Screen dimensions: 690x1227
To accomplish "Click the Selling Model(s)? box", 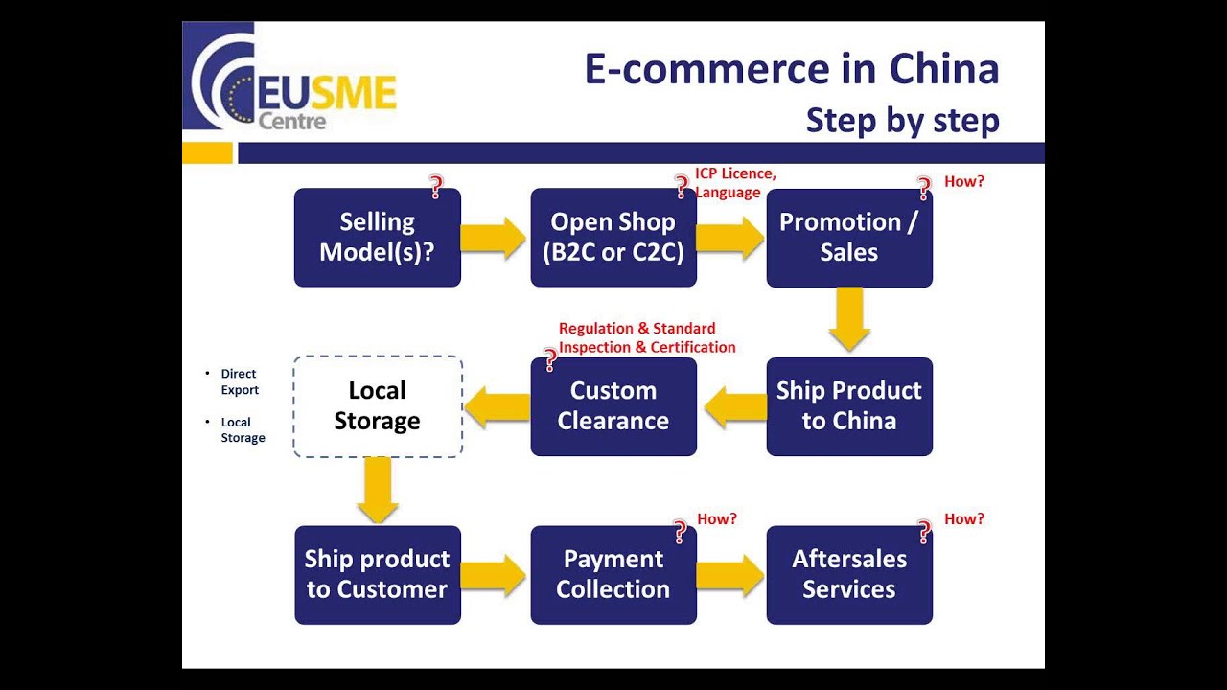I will click(377, 237).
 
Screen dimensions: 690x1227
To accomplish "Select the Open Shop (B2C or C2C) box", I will click(613, 237).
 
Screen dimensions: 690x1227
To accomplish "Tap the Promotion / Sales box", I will click(849, 237).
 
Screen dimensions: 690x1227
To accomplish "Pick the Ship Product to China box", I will click(849, 405).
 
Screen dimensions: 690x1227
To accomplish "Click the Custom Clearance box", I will click(613, 405).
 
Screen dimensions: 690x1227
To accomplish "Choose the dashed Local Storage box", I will click(377, 405).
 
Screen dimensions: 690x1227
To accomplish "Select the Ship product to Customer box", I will click(377, 574).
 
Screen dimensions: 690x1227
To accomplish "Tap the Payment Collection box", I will click(613, 574).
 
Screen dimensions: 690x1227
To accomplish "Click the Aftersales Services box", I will click(849, 574).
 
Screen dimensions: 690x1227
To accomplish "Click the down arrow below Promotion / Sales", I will click(849, 319).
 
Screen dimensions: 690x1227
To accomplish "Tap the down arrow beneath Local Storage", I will click(377, 490).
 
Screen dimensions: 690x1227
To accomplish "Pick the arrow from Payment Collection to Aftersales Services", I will click(730, 575).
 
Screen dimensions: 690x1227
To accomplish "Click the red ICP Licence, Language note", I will click(735, 183).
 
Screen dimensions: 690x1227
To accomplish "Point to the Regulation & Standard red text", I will click(637, 329).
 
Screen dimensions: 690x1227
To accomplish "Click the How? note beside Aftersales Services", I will click(964, 519).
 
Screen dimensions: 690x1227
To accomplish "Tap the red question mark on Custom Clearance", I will click(550, 360).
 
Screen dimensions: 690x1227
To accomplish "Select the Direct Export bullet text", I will click(240, 381).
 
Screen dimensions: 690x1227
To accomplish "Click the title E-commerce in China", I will click(792, 69).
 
